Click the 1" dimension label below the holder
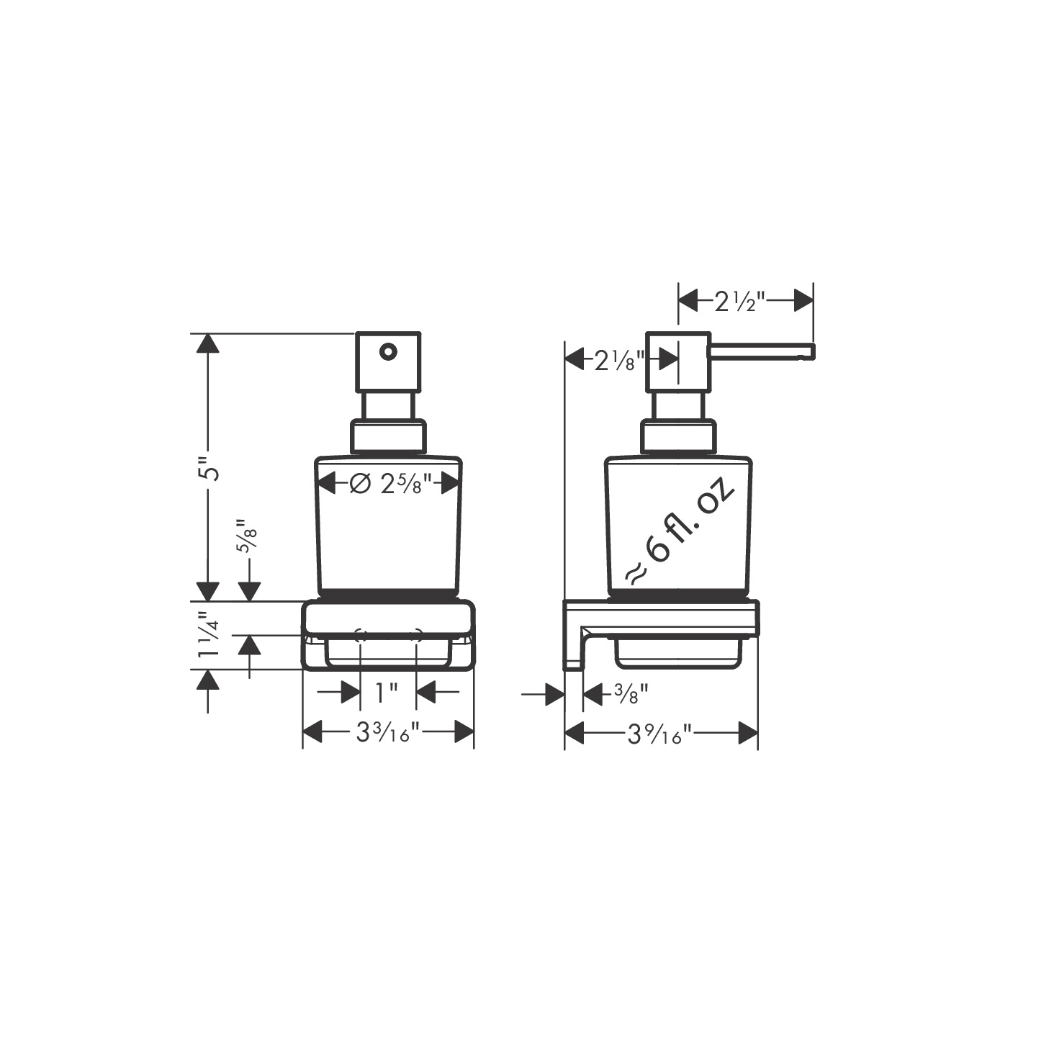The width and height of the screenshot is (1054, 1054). pyautogui.click(x=387, y=693)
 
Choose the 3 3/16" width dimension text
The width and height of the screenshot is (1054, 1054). pyautogui.click(x=387, y=734)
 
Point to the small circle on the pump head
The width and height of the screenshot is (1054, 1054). pyautogui.click(x=387, y=352)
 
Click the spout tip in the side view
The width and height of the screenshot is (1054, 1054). pyautogui.click(x=809, y=351)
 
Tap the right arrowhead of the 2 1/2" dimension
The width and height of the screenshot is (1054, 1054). pyautogui.click(x=803, y=301)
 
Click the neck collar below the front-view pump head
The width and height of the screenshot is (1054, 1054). pyautogui.click(x=389, y=436)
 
